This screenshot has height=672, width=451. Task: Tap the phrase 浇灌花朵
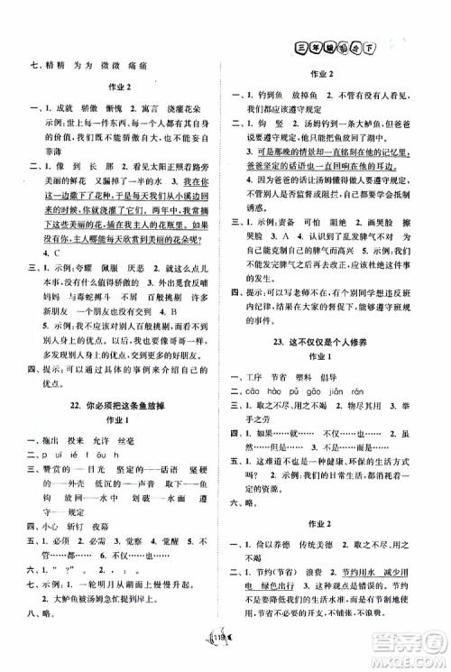(x=189, y=130)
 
